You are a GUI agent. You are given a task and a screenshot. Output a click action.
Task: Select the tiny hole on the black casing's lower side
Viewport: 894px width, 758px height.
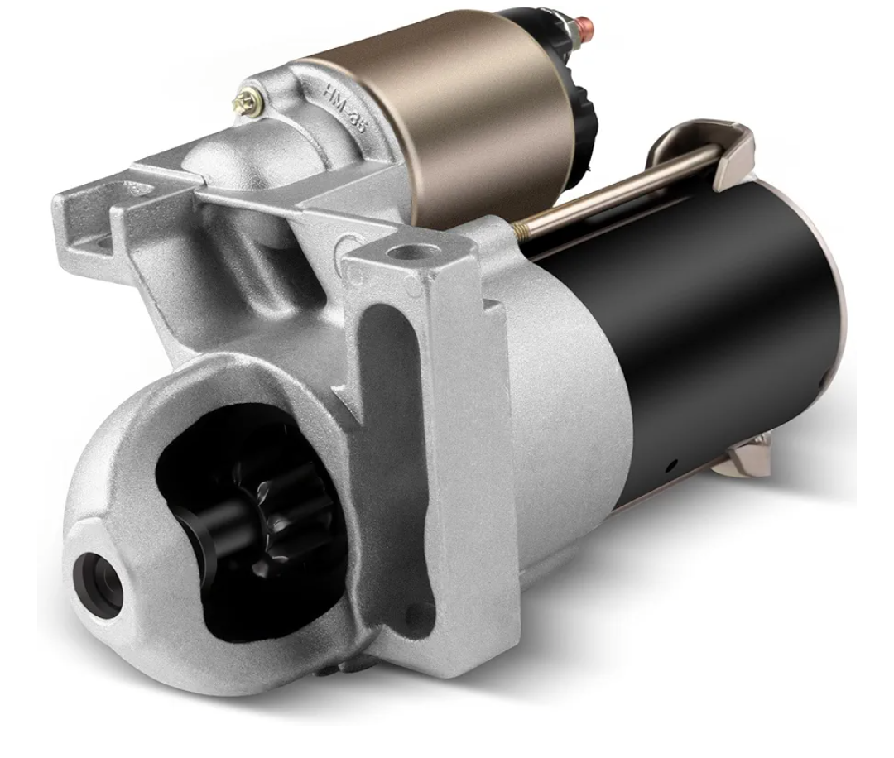[675, 464]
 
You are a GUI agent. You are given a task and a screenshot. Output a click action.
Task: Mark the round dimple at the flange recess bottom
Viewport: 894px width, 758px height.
[420, 614]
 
